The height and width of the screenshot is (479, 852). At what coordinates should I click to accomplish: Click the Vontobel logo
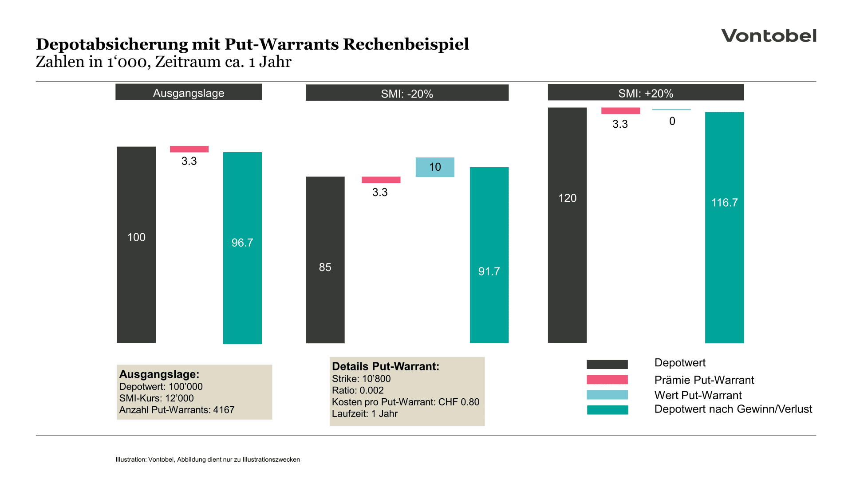click(769, 35)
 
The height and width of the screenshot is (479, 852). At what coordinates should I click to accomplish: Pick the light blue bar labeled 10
click(435, 167)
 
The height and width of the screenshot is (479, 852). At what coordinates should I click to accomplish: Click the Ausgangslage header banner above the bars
click(189, 92)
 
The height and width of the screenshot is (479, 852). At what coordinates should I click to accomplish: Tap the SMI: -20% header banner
click(407, 93)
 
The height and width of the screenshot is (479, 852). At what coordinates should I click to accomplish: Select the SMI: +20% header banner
click(646, 93)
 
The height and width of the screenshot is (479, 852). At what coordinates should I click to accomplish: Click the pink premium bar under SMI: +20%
click(620, 111)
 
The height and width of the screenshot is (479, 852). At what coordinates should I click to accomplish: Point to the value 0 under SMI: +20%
click(672, 121)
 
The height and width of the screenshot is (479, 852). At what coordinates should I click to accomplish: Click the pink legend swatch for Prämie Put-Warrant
click(607, 380)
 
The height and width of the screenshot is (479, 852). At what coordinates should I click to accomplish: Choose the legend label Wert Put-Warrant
click(698, 395)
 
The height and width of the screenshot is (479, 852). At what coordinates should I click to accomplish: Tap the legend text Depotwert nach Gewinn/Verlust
click(733, 409)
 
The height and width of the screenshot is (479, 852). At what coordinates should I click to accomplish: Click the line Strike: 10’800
click(361, 379)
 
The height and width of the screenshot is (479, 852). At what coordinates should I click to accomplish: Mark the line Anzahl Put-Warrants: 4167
click(177, 410)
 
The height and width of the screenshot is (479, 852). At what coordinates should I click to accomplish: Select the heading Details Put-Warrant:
click(385, 366)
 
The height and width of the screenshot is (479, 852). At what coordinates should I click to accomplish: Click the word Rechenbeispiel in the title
click(406, 44)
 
